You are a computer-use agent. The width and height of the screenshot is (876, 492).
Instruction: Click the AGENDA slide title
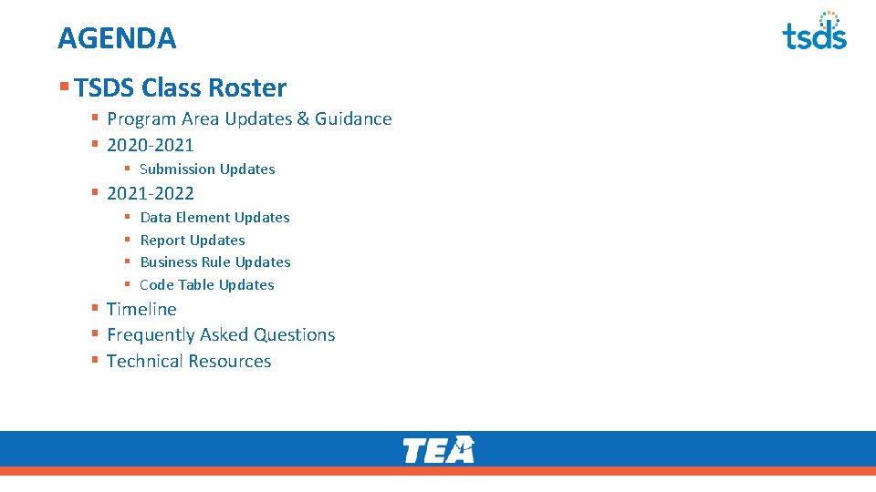click(x=117, y=38)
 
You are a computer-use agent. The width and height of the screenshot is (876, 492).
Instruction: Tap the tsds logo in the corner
click(x=814, y=31)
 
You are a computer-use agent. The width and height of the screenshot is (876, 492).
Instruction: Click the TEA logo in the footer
click(x=438, y=449)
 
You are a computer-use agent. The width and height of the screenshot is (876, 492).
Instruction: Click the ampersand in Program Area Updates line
click(x=303, y=119)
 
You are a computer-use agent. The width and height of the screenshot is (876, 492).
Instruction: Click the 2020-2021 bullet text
click(x=151, y=145)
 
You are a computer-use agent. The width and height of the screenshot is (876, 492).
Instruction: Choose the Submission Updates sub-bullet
click(x=207, y=169)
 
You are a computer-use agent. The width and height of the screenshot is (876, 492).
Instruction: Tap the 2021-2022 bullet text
click(x=151, y=193)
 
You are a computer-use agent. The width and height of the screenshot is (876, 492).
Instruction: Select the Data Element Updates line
click(x=214, y=218)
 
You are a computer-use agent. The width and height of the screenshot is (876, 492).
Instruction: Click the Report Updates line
click(x=193, y=241)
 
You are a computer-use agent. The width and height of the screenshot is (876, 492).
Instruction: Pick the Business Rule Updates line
click(x=215, y=262)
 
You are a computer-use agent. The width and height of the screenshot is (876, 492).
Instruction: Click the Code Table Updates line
click(x=207, y=285)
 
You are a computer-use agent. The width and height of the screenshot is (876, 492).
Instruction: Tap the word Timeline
click(x=141, y=310)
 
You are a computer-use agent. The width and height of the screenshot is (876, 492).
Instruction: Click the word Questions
click(x=294, y=335)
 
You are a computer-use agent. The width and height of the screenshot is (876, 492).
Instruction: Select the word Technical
click(x=143, y=362)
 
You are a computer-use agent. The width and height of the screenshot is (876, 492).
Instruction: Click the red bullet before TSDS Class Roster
click(x=64, y=87)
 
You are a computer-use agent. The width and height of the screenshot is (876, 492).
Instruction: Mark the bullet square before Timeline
click(x=95, y=309)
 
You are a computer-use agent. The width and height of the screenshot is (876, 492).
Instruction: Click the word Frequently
click(x=151, y=335)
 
